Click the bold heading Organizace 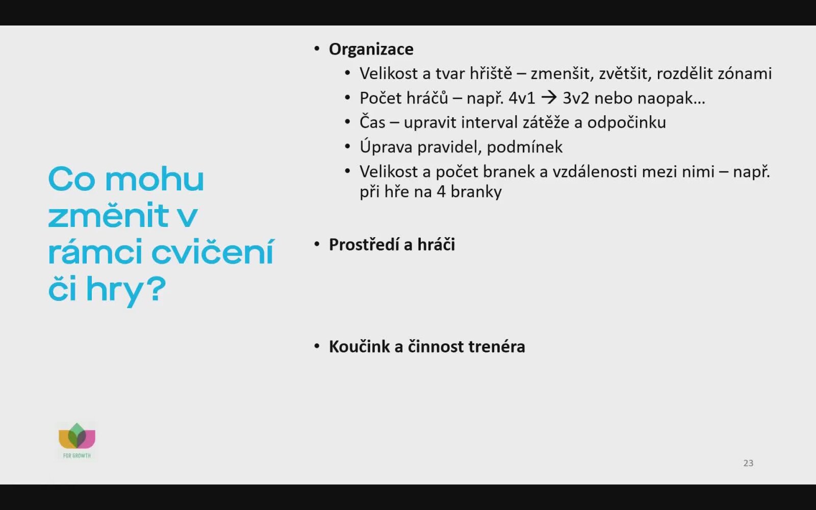tap(371, 49)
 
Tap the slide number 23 tap(748, 463)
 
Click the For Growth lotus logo tap(77, 440)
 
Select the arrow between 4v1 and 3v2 tap(549, 97)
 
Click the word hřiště tap(491, 73)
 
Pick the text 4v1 tap(522, 98)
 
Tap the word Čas tap(372, 122)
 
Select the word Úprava tap(386, 146)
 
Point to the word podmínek tap(525, 147)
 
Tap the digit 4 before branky tap(441, 192)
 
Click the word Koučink tap(359, 346)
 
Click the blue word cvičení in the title tap(212, 251)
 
